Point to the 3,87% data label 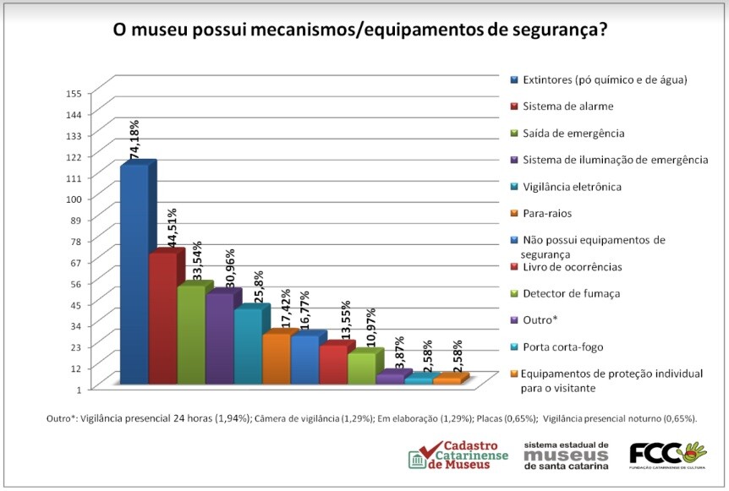pyautogui.click(x=400, y=352)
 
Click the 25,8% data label pyautogui.click(x=259, y=286)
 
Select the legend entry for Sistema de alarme pyautogui.click(x=562, y=106)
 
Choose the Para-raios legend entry pyautogui.click(x=540, y=213)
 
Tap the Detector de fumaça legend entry pyautogui.click(x=565, y=293)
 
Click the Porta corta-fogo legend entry pyautogui.click(x=556, y=347)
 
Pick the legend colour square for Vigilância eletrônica pyautogui.click(x=514, y=187)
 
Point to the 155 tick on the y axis pyautogui.click(x=74, y=93)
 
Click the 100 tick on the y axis pyautogui.click(x=74, y=199)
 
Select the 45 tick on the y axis pyautogui.click(x=75, y=305)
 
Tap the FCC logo pyautogui.click(x=668, y=454)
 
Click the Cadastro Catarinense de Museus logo pyautogui.click(x=458, y=456)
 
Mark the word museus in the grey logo pyautogui.click(x=566, y=456)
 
